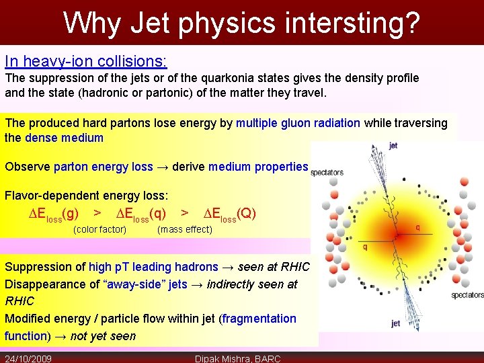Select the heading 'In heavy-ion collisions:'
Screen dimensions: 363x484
click(x=86, y=61)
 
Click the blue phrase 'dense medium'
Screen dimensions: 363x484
click(x=64, y=138)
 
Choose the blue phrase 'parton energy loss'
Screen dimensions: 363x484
click(x=103, y=167)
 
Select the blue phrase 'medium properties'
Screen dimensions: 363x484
click(x=258, y=167)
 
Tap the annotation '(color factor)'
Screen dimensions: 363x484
click(x=99, y=230)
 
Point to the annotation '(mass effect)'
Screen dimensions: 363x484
click(x=184, y=230)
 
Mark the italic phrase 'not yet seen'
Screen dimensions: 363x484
click(x=103, y=336)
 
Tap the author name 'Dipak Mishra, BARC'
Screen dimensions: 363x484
click(x=237, y=358)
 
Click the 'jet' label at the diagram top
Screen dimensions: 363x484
click(x=393, y=145)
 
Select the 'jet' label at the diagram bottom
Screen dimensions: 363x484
click(x=395, y=324)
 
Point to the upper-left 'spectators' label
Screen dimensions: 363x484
click(x=327, y=173)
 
